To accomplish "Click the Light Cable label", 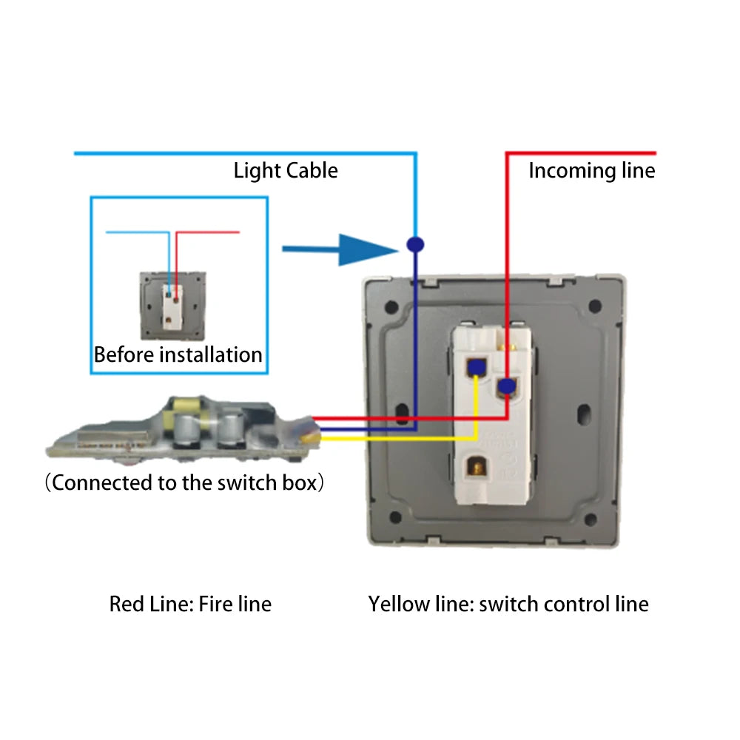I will pos(286,171).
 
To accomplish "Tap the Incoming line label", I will pos(591,171).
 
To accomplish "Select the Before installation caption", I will pos(178,354).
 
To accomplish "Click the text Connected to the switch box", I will pos(185,483).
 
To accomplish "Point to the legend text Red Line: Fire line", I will pos(190,604).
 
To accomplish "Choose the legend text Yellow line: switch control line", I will pos(508,604).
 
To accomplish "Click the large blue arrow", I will pos(340,250).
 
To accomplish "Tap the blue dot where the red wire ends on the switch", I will pos(506,386).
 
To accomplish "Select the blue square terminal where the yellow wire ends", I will pos(475,366).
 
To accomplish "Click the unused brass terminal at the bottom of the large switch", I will pos(476,468).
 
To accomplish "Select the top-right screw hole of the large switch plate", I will pos(593,304).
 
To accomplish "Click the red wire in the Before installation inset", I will pos(207,232).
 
